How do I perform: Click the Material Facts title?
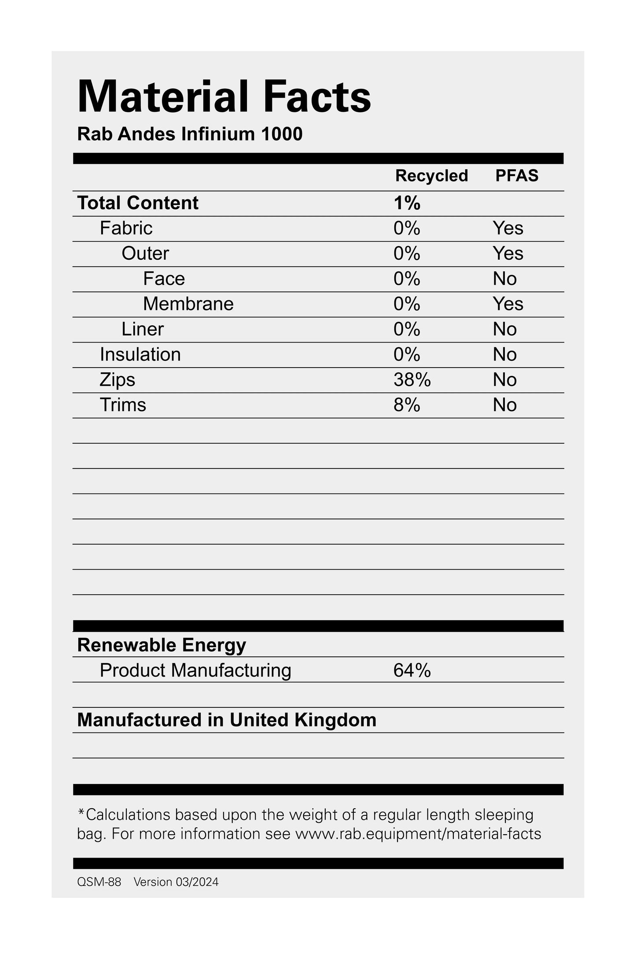click(x=224, y=97)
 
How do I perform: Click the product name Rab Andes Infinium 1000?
click(x=190, y=134)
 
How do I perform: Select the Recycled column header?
click(x=431, y=176)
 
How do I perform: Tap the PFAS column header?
click(x=517, y=176)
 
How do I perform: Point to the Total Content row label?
click(x=138, y=203)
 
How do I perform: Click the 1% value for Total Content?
click(x=407, y=203)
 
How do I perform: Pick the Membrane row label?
click(x=188, y=304)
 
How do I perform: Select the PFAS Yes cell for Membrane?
click(x=508, y=304)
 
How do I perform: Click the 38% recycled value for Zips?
click(x=412, y=380)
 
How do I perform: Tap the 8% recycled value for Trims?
click(x=407, y=405)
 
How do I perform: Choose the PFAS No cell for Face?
click(x=504, y=279)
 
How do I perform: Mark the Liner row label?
click(x=143, y=329)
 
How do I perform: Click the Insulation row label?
click(x=140, y=355)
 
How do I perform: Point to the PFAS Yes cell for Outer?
click(x=508, y=254)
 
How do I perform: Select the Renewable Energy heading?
click(x=162, y=645)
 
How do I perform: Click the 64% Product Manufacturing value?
click(x=412, y=670)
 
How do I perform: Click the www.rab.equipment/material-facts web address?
click(x=418, y=834)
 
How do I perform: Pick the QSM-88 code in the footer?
click(x=99, y=882)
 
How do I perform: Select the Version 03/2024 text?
click(x=176, y=882)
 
